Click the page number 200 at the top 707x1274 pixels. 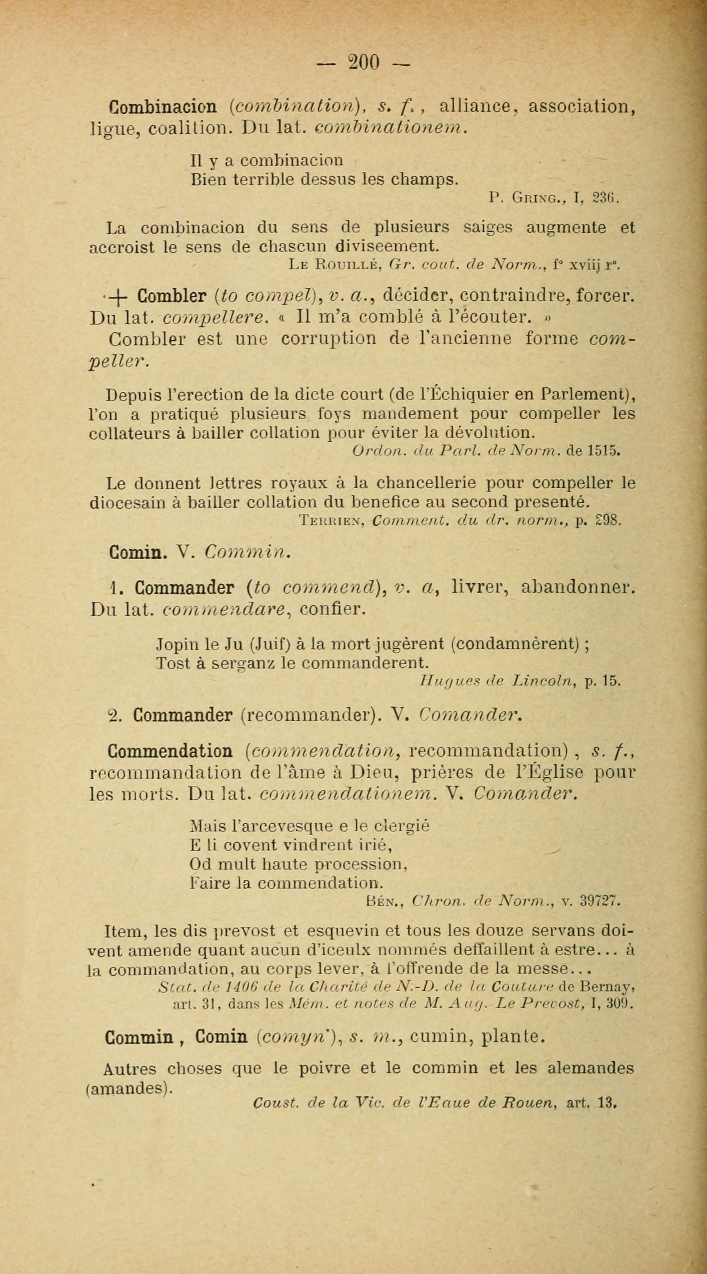click(364, 63)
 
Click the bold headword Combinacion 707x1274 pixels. click(162, 107)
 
